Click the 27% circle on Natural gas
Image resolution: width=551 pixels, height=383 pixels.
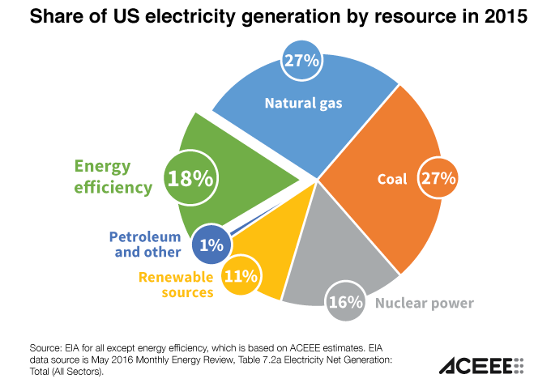point(301,62)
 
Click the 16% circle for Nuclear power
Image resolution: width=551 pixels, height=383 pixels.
point(346,303)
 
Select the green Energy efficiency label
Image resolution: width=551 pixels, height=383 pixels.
point(113,177)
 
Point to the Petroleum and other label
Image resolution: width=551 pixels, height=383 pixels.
point(145,245)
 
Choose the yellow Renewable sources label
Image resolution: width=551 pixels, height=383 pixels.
point(176,284)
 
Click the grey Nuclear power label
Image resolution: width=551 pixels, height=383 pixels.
point(425,304)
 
